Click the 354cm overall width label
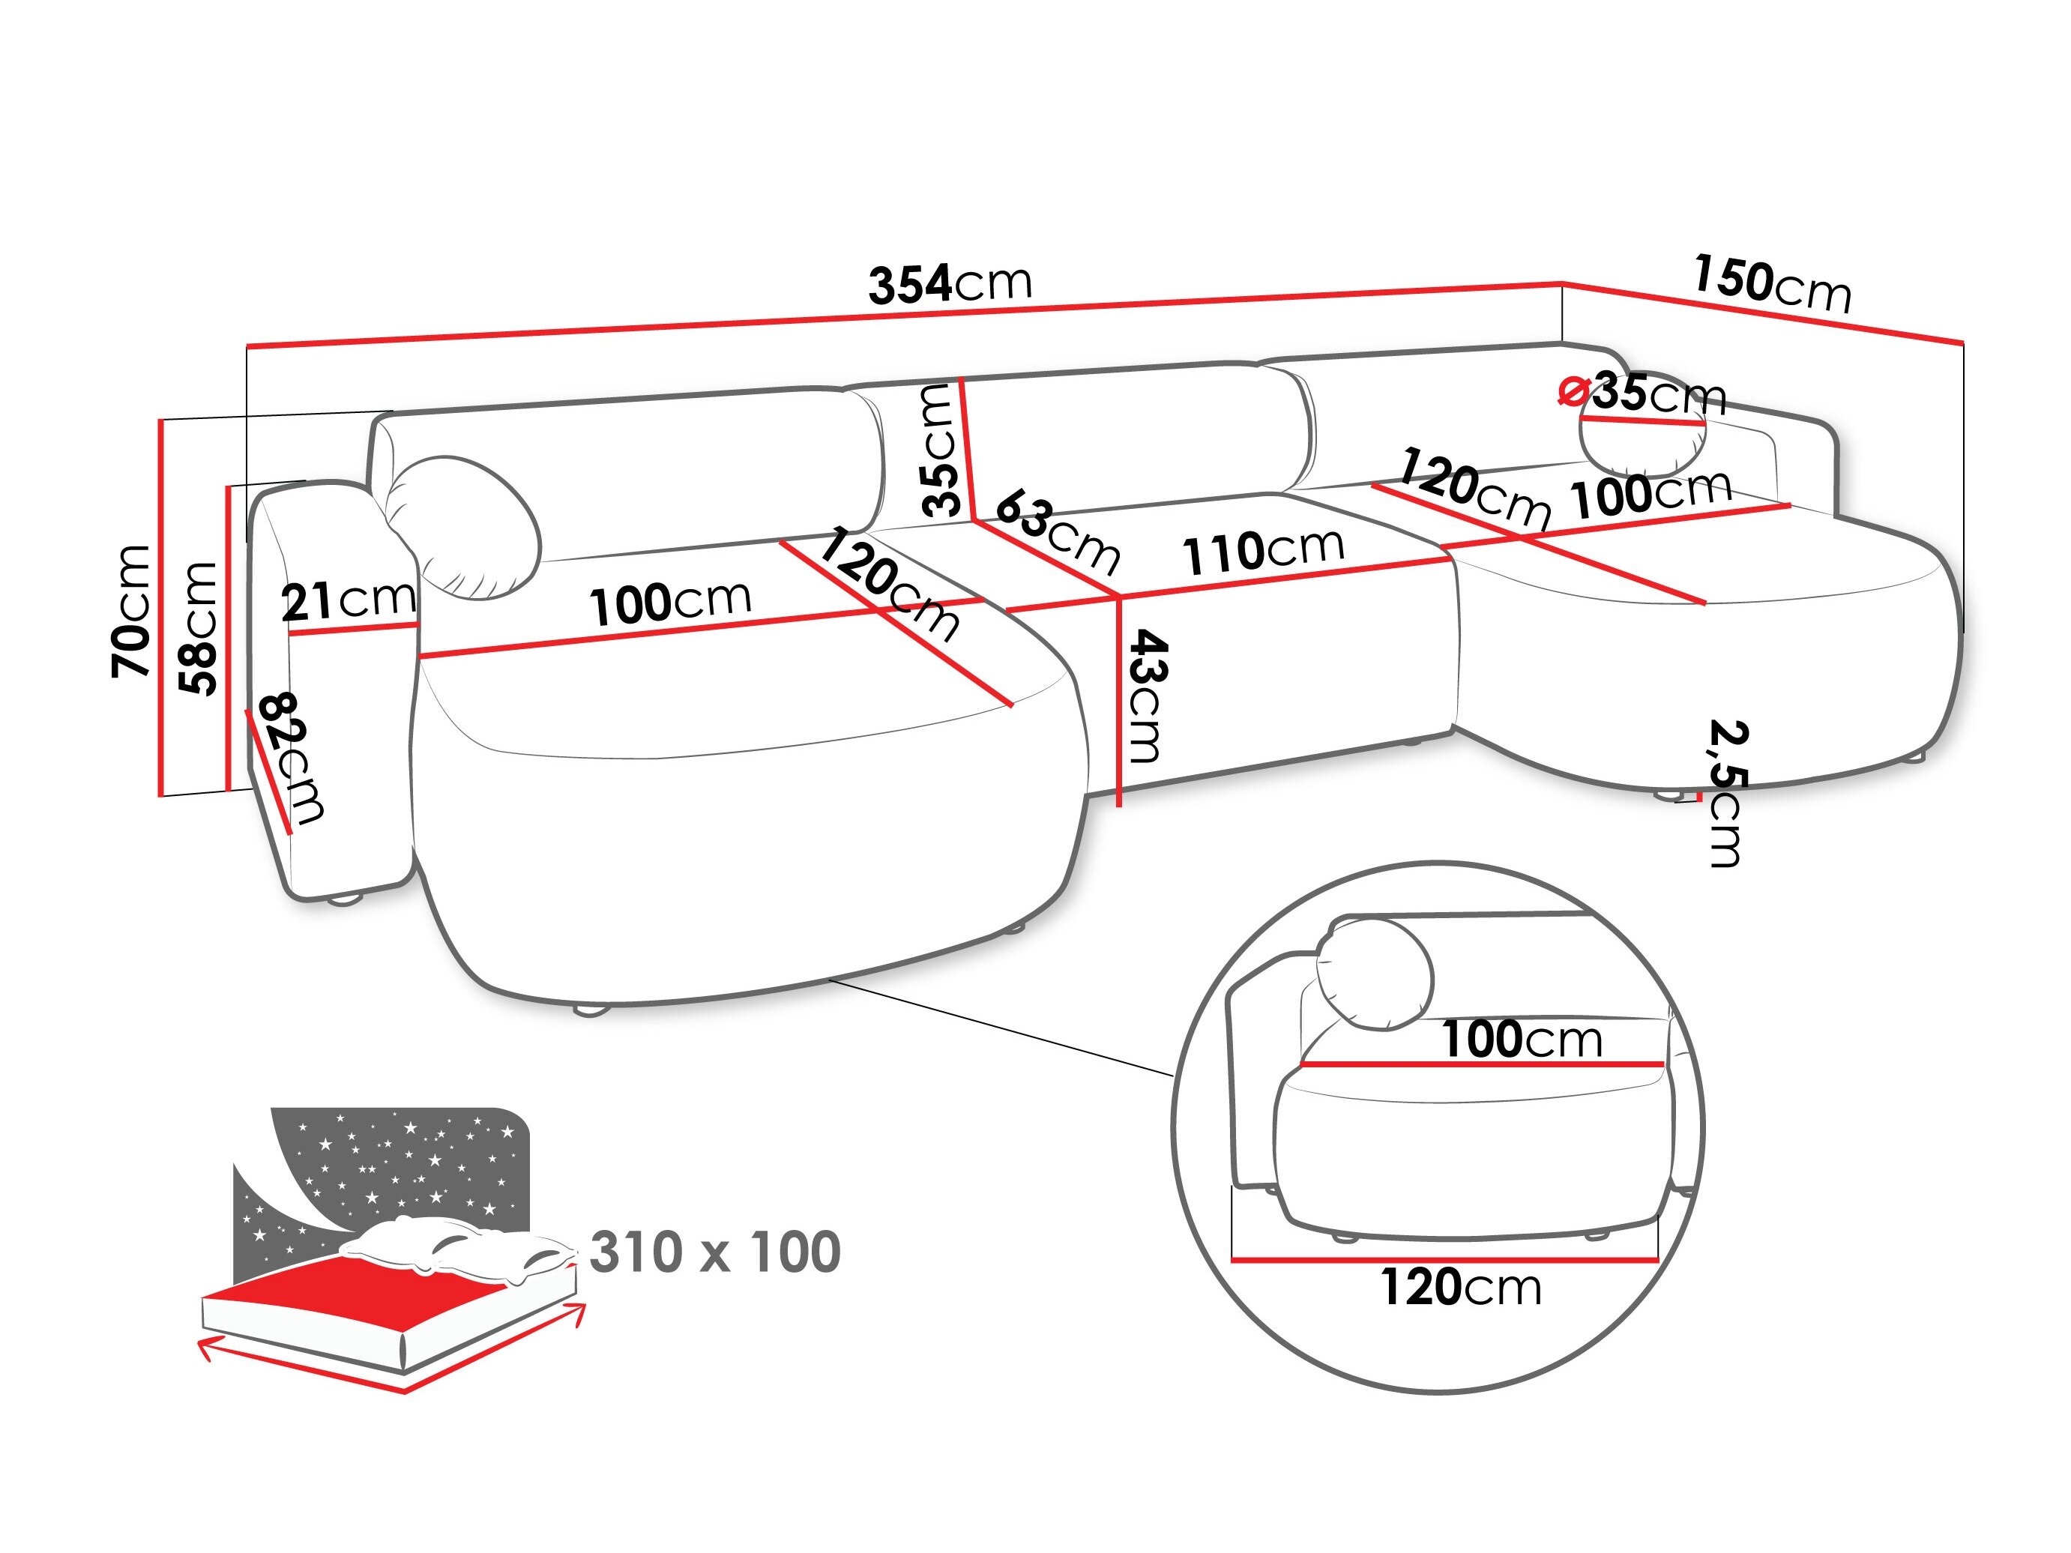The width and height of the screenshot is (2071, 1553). [950, 283]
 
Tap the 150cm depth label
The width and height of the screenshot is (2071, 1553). [1771, 283]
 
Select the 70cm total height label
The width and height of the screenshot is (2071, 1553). [131, 610]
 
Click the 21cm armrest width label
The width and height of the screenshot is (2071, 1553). [349, 601]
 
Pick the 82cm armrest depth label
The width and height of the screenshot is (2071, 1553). [292, 759]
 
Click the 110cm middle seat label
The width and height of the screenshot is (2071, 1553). [1263, 550]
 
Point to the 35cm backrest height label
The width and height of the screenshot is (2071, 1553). [940, 451]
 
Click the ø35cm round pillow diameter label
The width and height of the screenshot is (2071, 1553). [1644, 393]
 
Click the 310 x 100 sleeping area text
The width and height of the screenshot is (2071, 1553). [715, 1252]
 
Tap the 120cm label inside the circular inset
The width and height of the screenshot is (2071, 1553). [1461, 1287]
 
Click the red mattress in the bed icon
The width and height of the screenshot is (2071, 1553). [375, 1297]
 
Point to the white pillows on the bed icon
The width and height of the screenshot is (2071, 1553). [459, 1245]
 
